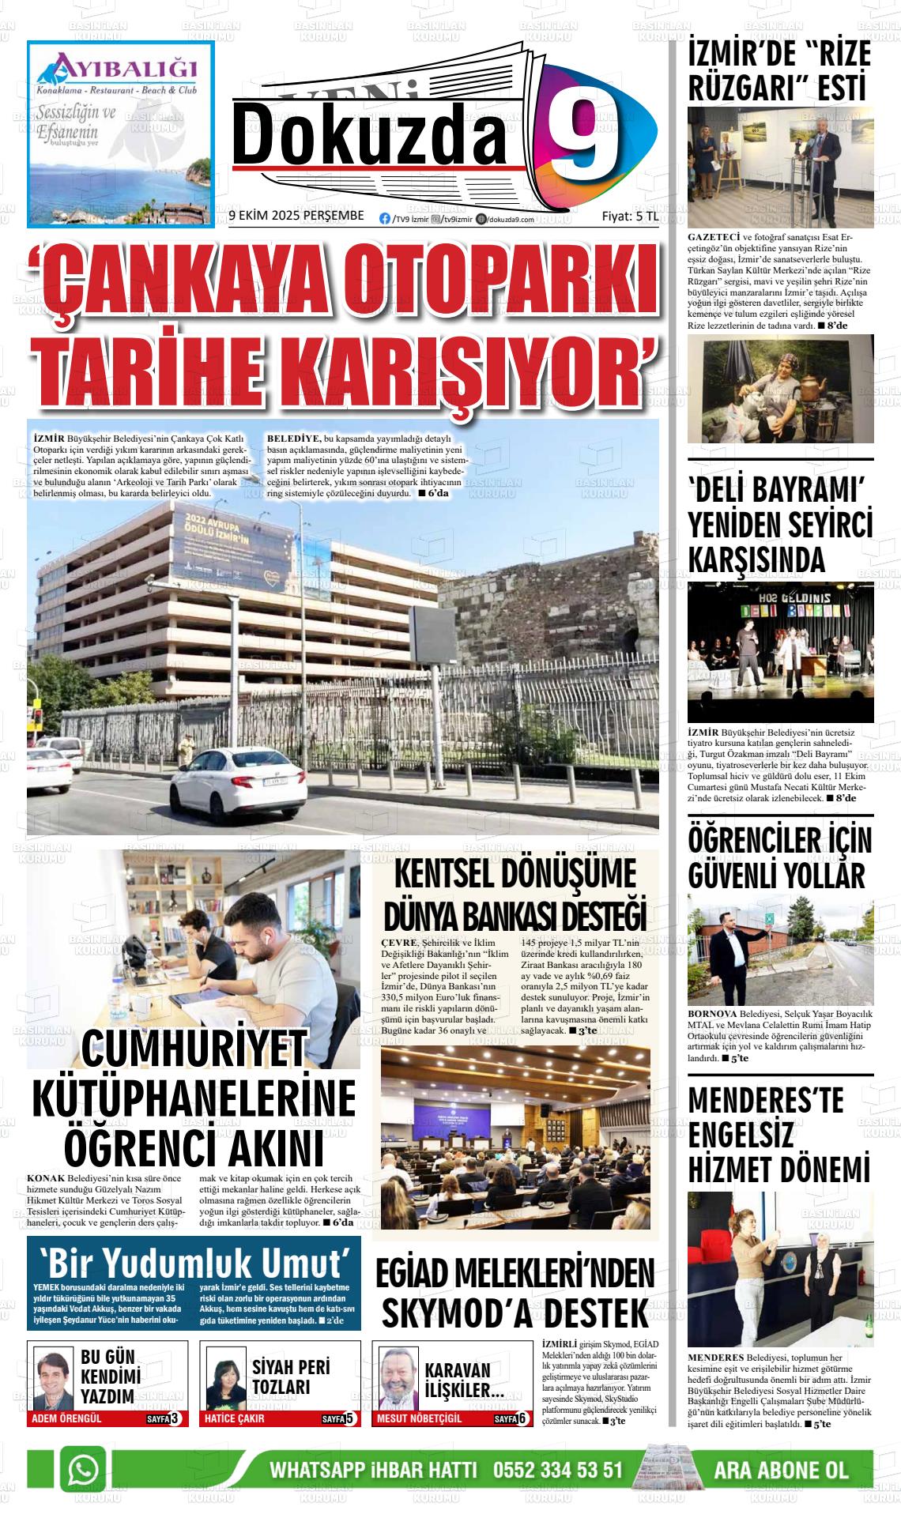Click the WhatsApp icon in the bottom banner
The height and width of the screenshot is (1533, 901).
[82, 1470]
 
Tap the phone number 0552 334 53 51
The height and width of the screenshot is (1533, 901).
[558, 1471]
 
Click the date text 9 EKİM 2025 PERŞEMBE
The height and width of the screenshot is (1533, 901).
[296, 216]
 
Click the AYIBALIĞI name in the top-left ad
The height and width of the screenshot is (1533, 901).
[115, 62]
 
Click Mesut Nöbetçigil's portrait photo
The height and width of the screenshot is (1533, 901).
[398, 1377]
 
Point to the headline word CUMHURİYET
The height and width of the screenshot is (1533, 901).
[194, 1046]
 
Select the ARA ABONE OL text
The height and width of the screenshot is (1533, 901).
[781, 1471]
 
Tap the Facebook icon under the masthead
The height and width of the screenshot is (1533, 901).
[385, 219]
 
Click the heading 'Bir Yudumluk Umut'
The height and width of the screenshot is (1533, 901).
[194, 1261]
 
